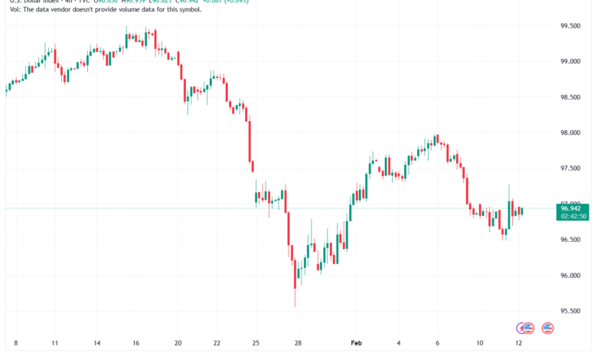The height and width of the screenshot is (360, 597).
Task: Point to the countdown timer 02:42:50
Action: tap(573, 216)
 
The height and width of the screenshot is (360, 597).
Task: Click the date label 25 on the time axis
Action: tap(256, 344)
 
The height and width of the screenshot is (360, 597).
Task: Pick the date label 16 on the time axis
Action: tap(136, 344)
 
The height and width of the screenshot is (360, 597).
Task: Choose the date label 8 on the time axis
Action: tap(15, 344)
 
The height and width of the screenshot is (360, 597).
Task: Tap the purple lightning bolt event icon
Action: tap(524, 328)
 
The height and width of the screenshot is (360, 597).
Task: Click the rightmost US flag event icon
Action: tap(547, 328)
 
